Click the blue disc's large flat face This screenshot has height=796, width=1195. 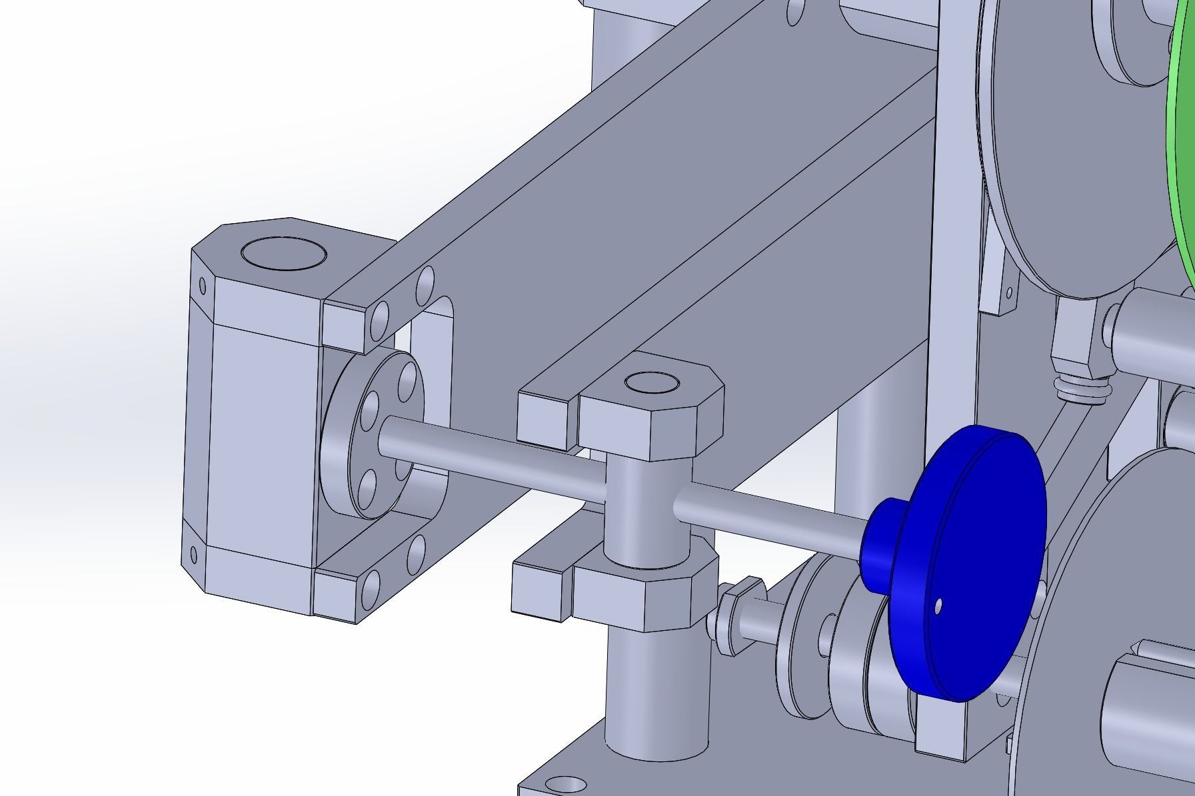point(973,580)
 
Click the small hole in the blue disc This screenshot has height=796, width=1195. point(938,606)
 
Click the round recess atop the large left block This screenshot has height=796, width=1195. point(284,254)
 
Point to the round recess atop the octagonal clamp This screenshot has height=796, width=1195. point(652,383)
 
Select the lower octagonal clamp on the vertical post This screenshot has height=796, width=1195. point(643,596)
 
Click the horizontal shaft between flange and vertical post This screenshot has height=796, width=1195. point(493,453)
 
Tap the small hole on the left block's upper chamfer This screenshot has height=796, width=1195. point(203,287)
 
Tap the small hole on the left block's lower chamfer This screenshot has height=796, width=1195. point(194,555)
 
